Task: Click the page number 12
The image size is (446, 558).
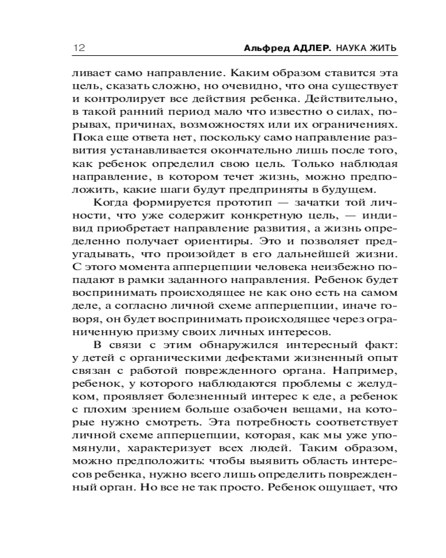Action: (x=77, y=48)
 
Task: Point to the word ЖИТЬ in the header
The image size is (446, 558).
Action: (x=384, y=49)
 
